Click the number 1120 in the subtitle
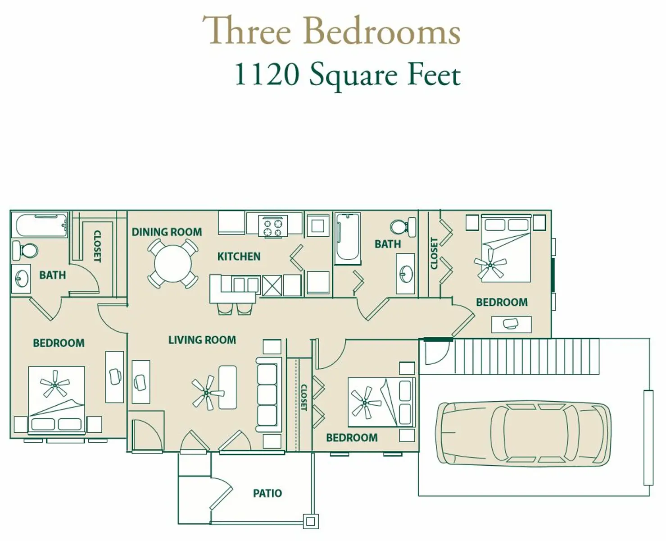(267, 74)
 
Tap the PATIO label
(267, 493)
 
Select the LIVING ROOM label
(202, 340)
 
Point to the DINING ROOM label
(167, 232)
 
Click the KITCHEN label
(239, 257)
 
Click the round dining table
(172, 264)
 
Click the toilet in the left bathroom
(25, 251)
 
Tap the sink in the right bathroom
(406, 274)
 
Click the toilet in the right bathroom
(403, 226)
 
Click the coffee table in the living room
(227, 387)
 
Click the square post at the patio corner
(311, 522)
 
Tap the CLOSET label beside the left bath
(97, 247)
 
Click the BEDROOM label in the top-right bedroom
(502, 303)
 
